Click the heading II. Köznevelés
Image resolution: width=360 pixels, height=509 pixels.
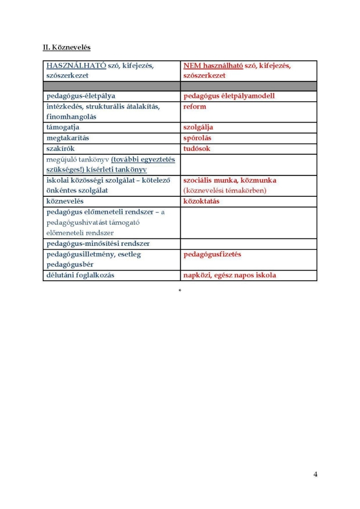(x=66, y=48)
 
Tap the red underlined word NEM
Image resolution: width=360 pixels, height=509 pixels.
(x=192, y=66)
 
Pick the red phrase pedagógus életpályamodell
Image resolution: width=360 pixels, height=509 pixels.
(x=229, y=96)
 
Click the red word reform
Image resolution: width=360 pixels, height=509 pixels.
(x=195, y=106)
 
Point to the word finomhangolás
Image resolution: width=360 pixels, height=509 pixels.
(x=71, y=117)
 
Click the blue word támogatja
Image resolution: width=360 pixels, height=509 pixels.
(x=62, y=128)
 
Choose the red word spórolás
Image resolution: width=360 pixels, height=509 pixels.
(x=197, y=138)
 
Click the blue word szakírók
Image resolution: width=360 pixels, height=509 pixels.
(x=61, y=148)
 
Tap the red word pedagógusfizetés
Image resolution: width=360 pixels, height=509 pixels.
(x=212, y=254)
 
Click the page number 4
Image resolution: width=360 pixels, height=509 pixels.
(x=316, y=474)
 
